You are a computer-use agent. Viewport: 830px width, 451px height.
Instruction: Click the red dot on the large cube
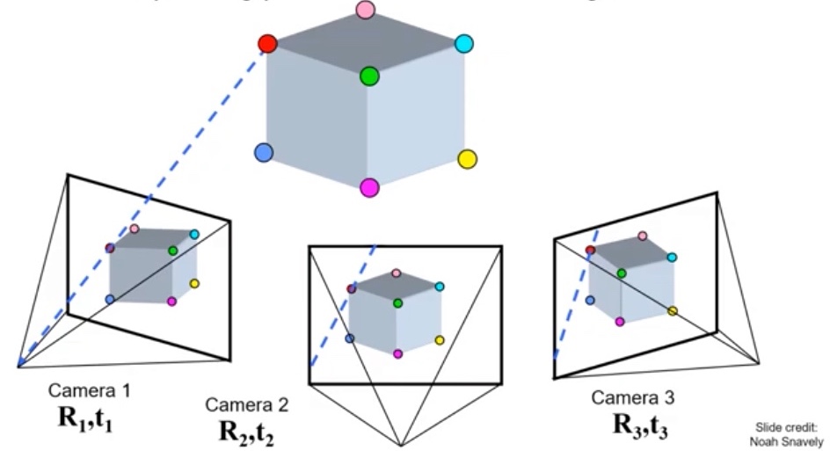coord(268,44)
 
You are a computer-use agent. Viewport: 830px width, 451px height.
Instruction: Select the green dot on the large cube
coord(369,76)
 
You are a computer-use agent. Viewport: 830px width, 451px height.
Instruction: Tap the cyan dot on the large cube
coord(465,44)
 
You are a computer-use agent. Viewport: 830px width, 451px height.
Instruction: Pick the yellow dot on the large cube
coord(468,159)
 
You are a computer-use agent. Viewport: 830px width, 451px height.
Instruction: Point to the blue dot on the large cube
coord(262,153)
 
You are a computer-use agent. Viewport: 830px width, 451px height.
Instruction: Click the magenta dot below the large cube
coord(369,187)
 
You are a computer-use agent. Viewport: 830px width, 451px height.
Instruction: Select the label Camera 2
coord(247,404)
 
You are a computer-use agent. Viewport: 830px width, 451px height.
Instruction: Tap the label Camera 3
coord(634,397)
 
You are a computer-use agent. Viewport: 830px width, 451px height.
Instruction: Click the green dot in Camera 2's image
coord(398,303)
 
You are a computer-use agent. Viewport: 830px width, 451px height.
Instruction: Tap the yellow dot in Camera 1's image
coord(194,284)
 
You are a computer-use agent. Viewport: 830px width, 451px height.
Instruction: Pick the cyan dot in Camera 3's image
coord(672,258)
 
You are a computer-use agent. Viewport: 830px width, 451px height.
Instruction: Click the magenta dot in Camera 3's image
coord(621,322)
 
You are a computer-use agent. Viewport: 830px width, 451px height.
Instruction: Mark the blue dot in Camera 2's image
coord(349,338)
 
